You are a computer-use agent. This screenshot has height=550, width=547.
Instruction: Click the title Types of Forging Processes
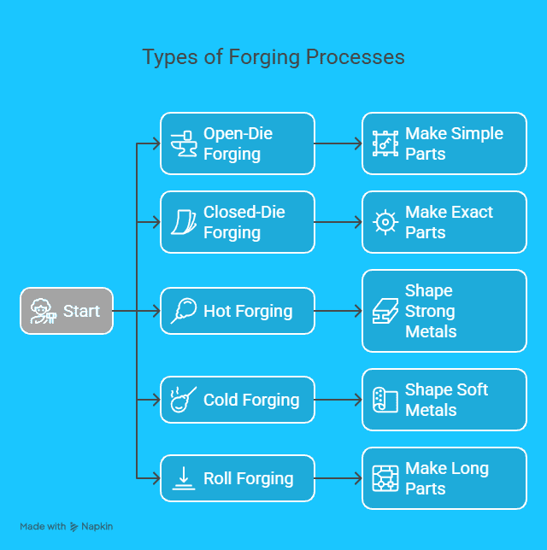coord(273,57)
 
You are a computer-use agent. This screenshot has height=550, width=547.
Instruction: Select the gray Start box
coord(67,311)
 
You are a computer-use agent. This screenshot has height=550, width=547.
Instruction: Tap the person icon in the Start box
coord(44,311)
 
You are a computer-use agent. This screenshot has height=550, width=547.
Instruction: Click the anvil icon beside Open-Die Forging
coord(184,143)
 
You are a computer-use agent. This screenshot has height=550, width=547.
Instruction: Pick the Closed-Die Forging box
coord(238,222)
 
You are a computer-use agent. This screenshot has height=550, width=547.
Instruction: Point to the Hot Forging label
coord(248,311)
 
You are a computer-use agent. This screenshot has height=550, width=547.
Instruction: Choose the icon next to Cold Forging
coord(184,400)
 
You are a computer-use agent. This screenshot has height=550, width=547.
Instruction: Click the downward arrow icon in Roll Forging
coord(184,478)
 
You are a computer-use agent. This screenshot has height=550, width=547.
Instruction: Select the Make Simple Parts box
coord(444,143)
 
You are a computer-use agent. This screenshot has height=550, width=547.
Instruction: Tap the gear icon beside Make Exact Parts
coord(385,222)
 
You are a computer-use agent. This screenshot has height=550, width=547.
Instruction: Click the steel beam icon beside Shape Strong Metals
coord(385,311)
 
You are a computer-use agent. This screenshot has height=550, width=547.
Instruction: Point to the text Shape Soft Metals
coord(446,400)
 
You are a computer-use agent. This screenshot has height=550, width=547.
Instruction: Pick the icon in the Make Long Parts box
coord(385,478)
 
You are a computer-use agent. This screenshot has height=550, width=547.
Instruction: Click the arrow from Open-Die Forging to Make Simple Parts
coord(338,143)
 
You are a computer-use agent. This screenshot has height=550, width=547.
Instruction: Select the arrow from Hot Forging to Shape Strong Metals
coord(338,311)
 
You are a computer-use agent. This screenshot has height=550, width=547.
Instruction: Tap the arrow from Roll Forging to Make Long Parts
coord(338,478)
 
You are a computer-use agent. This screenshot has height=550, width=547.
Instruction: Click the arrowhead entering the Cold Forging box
coord(156,400)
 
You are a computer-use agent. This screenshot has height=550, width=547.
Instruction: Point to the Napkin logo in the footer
coord(74,526)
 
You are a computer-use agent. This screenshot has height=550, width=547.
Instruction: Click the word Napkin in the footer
coord(97,526)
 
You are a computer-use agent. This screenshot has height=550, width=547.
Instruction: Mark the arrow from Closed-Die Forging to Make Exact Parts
coord(338,222)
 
